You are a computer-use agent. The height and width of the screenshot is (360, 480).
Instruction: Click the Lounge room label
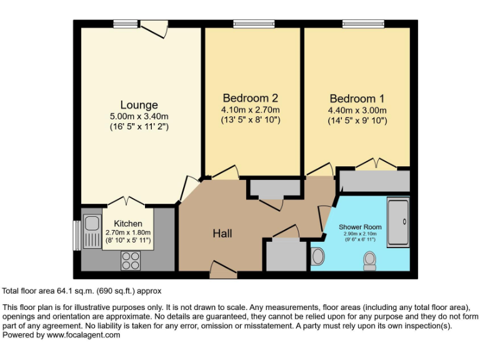pos(139,105)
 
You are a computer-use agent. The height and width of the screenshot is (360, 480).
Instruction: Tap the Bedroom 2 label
pos(250,98)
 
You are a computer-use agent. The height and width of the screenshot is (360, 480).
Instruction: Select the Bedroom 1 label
pos(357,99)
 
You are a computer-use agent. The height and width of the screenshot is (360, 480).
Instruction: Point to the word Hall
pos(222,233)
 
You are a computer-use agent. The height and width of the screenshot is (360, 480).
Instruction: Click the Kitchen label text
pos(127,223)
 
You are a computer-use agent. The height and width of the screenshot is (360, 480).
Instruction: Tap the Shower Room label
pos(360,226)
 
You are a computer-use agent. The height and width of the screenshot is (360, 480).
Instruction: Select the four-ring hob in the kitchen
pos(130,260)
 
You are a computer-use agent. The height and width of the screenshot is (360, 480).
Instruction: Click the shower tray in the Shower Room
pos(398,221)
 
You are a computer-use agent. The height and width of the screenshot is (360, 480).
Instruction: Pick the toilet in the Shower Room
pos(369,260)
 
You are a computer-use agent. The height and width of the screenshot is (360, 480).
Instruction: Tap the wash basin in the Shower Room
pos(317,256)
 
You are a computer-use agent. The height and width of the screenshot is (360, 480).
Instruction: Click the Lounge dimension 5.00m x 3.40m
pos(139,116)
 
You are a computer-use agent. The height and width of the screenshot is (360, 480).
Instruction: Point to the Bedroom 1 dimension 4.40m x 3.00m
pos(357,110)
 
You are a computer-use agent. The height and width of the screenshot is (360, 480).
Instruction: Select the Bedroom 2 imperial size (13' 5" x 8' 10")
pos(250,119)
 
